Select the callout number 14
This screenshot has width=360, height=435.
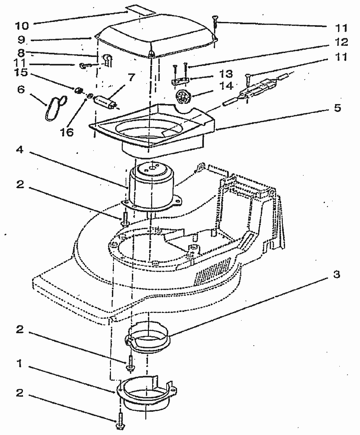tap(227, 86)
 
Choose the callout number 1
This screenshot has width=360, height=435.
tap(20, 363)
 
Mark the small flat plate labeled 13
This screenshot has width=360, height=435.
tap(180, 80)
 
